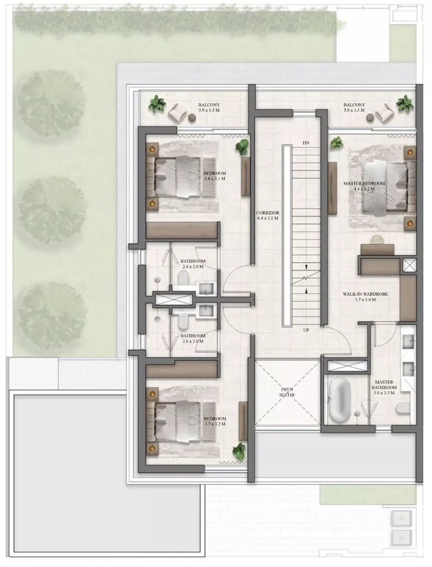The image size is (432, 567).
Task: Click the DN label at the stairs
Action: coord(306,143)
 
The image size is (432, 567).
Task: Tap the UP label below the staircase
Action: coord(306,330)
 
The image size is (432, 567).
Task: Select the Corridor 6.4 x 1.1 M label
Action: coord(268,215)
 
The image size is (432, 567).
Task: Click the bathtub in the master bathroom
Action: coord(339,399)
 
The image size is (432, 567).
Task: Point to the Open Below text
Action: coord(287,392)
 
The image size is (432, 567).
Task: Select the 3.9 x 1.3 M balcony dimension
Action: coord(209,110)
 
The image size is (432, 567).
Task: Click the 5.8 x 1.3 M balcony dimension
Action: coord(354,110)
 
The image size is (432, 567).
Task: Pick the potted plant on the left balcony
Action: coord(157,104)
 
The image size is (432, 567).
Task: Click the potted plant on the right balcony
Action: coord(405,104)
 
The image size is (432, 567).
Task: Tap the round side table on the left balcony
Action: coord(192,118)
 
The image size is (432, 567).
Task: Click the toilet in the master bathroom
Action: coord(402,408)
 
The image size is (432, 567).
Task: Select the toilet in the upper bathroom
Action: coord(183,277)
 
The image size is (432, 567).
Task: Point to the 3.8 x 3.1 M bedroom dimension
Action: coord(215,179)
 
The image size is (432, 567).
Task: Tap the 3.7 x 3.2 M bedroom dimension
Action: coord(215,424)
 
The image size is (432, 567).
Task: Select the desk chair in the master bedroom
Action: coord(377,240)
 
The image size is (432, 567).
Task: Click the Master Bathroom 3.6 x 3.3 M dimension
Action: coord(384,393)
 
